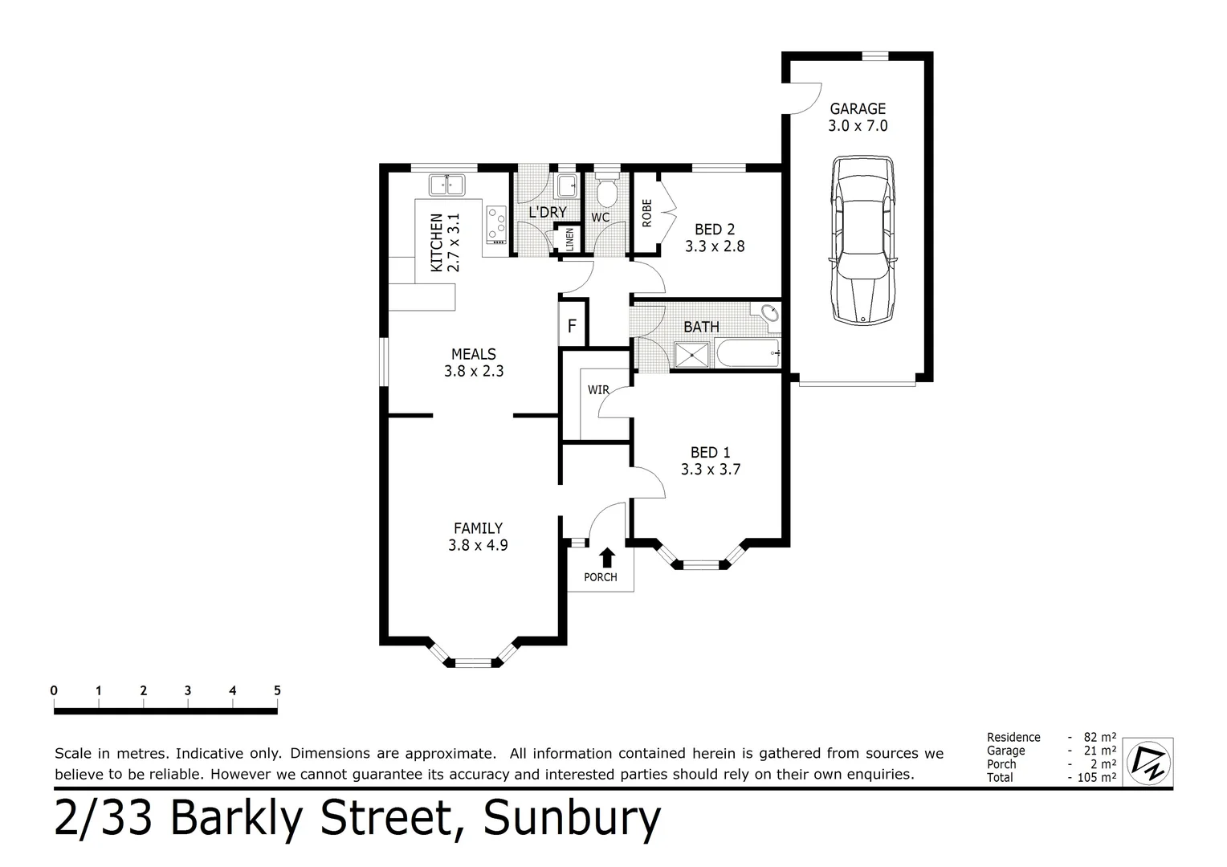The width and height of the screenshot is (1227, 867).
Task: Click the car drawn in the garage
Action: click(x=862, y=240)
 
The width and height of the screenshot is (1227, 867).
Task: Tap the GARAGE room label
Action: click(x=858, y=108)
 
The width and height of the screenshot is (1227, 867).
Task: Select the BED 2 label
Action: click(x=714, y=230)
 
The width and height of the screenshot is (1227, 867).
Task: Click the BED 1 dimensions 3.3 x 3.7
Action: click(x=710, y=470)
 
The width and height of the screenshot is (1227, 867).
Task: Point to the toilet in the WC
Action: click(x=606, y=190)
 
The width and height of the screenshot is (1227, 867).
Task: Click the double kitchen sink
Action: click(x=446, y=185)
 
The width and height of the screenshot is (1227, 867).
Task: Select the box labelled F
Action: click(x=572, y=326)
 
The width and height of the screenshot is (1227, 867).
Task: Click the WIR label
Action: click(x=598, y=390)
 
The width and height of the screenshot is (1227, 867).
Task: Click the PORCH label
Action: click(x=601, y=577)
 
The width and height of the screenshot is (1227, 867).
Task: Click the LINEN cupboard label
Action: click(x=570, y=240)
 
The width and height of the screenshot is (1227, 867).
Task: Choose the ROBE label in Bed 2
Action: click(x=647, y=214)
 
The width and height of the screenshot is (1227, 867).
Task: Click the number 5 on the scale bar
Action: click(x=277, y=690)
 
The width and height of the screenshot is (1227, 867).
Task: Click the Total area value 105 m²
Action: click(x=1096, y=777)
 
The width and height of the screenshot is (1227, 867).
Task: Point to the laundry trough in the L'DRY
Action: click(x=567, y=184)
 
